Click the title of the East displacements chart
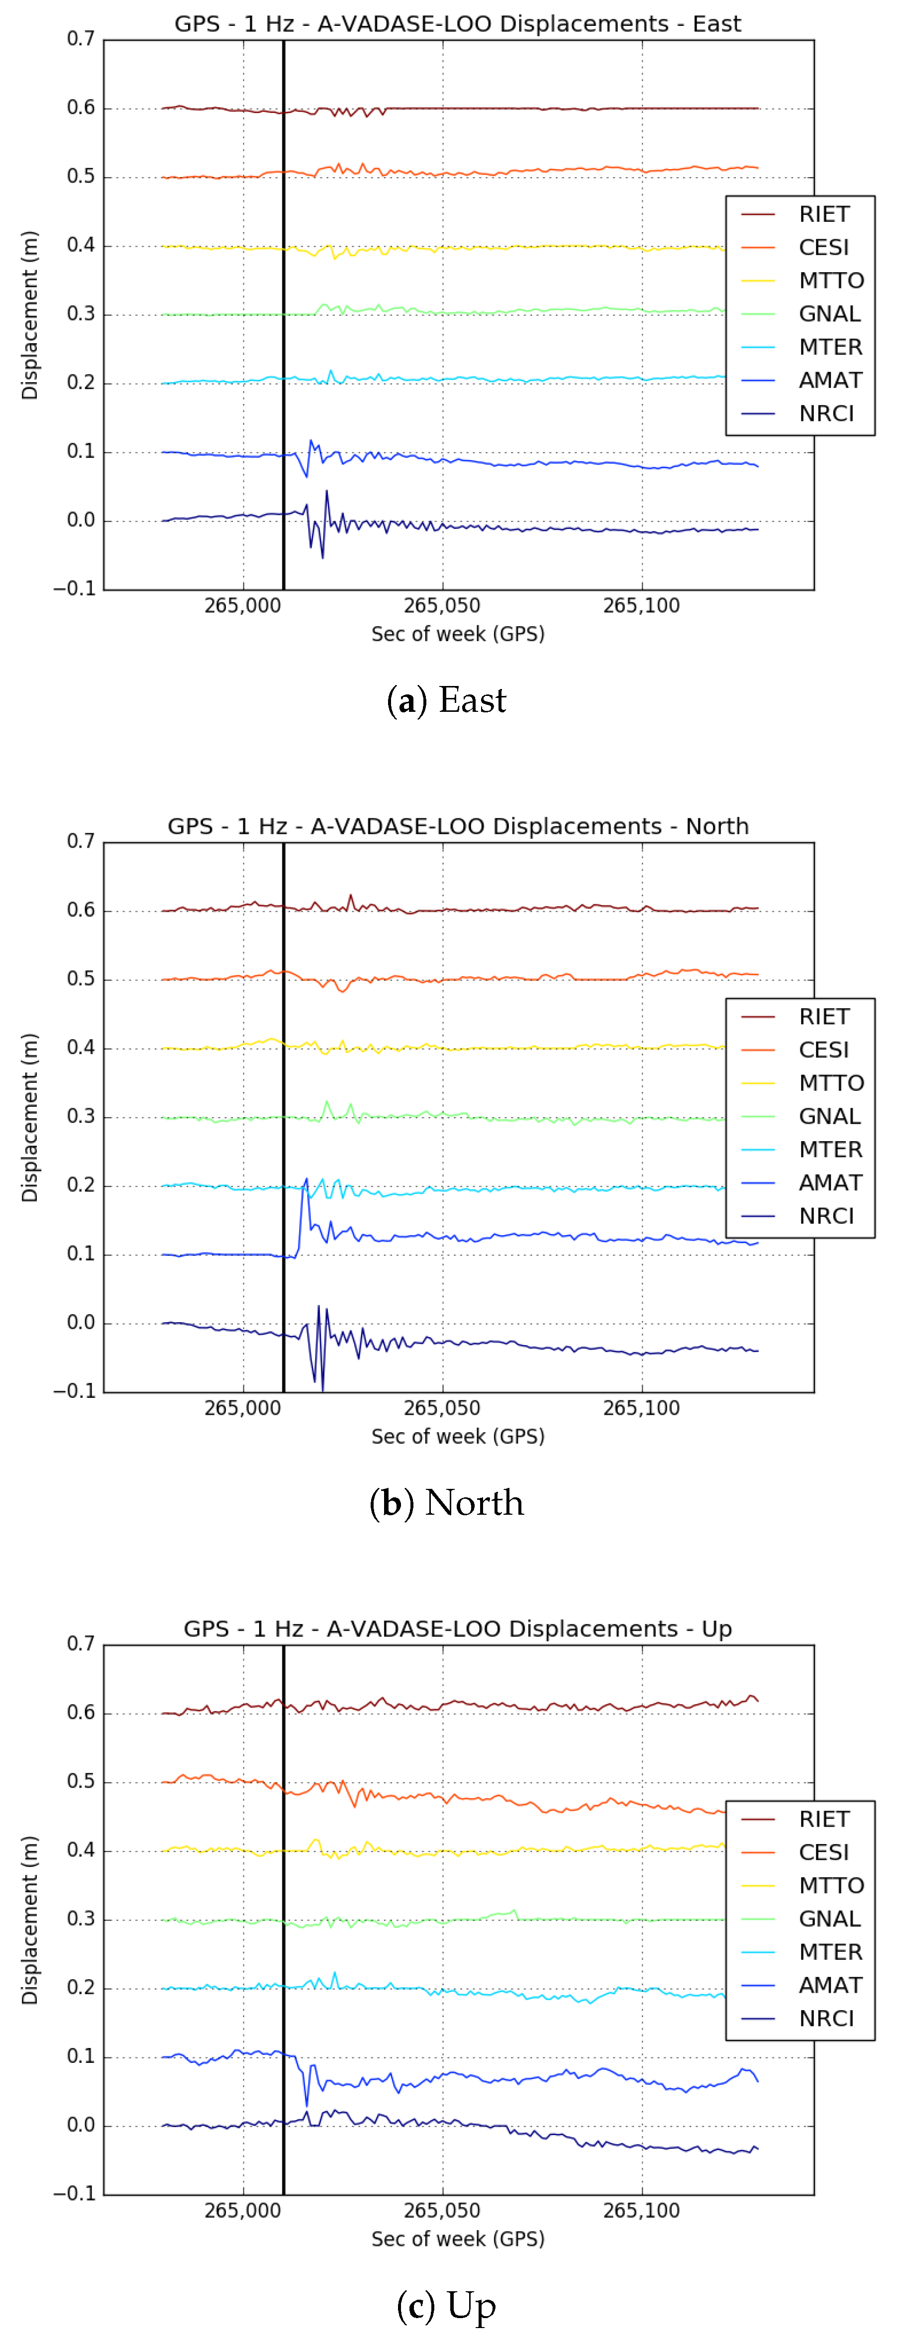pyautogui.click(x=458, y=23)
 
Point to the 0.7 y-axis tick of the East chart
pyautogui.click(x=81, y=39)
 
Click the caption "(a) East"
pyautogui.click(x=447, y=700)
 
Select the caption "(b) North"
pyautogui.click(x=447, y=1503)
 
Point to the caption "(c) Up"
pyautogui.click(x=447, y=2305)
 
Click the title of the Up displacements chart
pyautogui.click(x=458, y=1629)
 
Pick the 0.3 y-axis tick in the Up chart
pyautogui.click(x=81, y=1920)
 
